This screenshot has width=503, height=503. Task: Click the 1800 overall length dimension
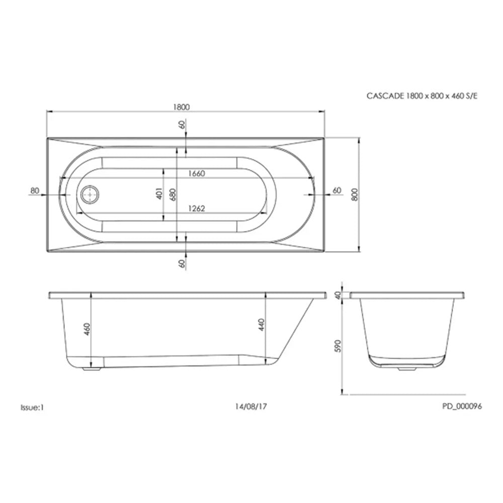[181, 107]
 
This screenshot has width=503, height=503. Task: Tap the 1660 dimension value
[196, 174]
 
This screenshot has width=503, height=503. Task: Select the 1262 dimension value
[196, 209]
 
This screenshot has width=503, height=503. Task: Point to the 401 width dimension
[159, 194]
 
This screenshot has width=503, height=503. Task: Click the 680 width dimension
[173, 195]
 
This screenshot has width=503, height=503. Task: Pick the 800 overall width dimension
[355, 194]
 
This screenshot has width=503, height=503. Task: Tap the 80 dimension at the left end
[35, 191]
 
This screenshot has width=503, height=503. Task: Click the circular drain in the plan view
[90, 194]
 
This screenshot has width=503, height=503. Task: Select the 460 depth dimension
[87, 329]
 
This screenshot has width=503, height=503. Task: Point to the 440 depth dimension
[262, 324]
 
